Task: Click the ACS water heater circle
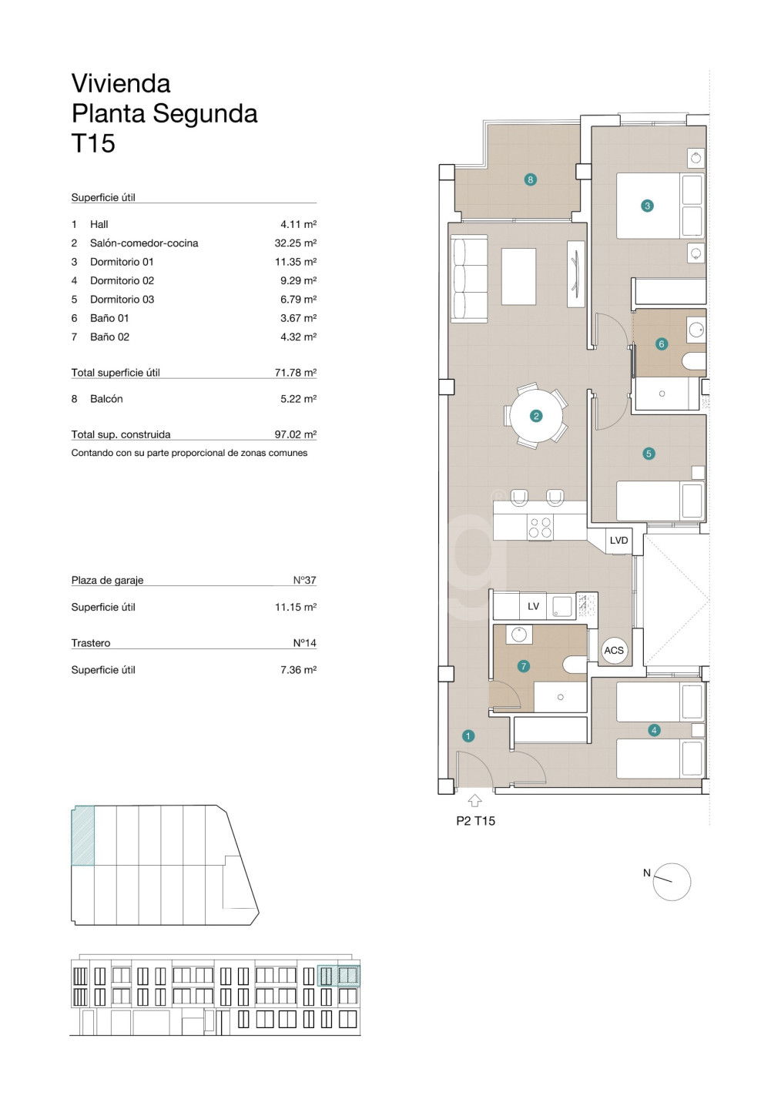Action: [x=614, y=650]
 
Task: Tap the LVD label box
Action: [x=618, y=540]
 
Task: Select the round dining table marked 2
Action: [x=536, y=416]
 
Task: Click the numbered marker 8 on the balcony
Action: [x=530, y=179]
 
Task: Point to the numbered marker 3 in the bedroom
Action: [x=647, y=206]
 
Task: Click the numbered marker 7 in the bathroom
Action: [x=524, y=666]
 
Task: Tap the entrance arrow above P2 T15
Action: [x=474, y=801]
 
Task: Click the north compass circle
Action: [x=671, y=882]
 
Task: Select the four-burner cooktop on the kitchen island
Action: [x=540, y=528]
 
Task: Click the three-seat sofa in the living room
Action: [x=469, y=280]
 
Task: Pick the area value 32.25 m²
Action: [x=295, y=243]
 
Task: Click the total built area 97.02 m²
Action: [x=295, y=434]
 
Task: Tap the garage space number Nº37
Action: [x=304, y=580]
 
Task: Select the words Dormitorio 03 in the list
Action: [x=122, y=299]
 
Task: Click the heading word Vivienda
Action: [x=121, y=83]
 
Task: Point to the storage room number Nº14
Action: [x=304, y=642]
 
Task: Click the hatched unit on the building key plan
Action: [x=83, y=835]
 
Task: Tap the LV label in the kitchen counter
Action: [x=533, y=607]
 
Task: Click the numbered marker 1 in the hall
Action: [x=468, y=736]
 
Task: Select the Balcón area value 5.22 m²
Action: [x=298, y=399]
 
